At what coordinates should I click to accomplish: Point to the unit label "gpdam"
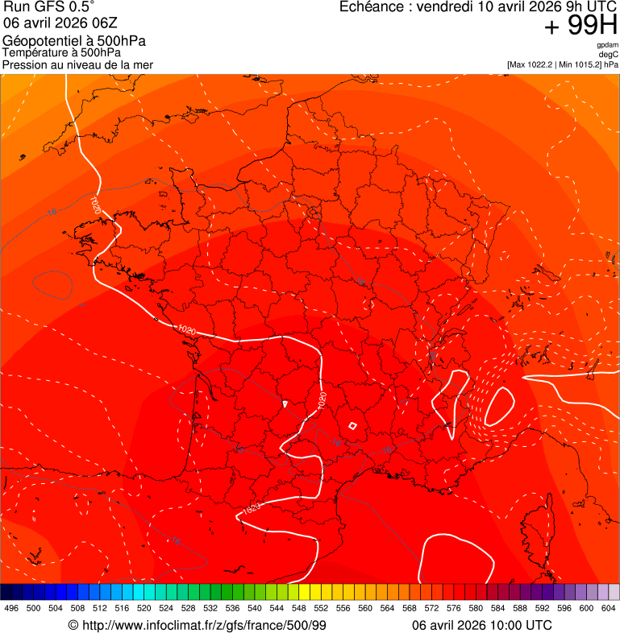click(x=607, y=45)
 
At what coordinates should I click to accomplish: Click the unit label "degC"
click(x=609, y=54)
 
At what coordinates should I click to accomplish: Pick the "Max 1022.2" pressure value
click(x=535, y=64)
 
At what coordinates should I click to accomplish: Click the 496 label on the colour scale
click(x=11, y=608)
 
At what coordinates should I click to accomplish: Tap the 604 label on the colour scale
click(x=609, y=608)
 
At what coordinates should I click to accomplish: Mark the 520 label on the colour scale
click(x=144, y=608)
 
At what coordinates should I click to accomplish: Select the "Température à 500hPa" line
click(x=62, y=53)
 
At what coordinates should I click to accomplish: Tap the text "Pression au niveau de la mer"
click(x=77, y=64)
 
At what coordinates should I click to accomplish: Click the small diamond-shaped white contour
click(x=352, y=426)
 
